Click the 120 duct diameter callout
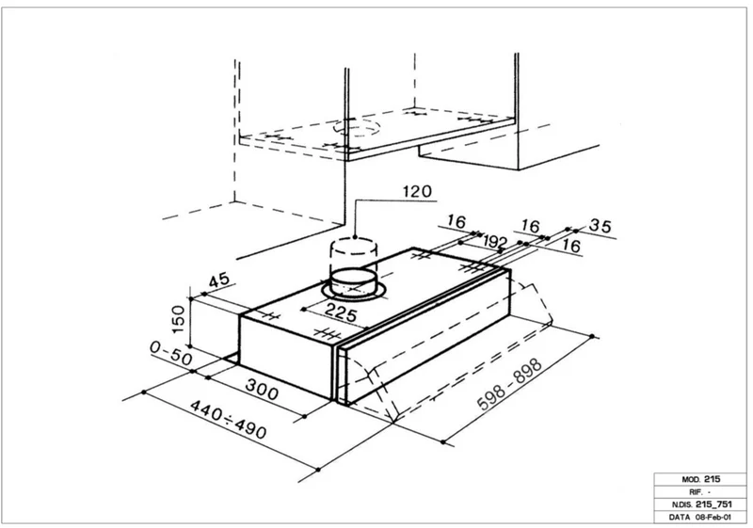(417, 192)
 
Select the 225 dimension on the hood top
(341, 312)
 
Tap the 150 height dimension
(178, 320)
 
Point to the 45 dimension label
(219, 280)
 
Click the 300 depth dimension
(262, 390)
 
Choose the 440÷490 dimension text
(228, 419)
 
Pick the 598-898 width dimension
(510, 384)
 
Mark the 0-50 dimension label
(171, 353)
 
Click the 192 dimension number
(495, 242)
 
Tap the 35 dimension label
(601, 225)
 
